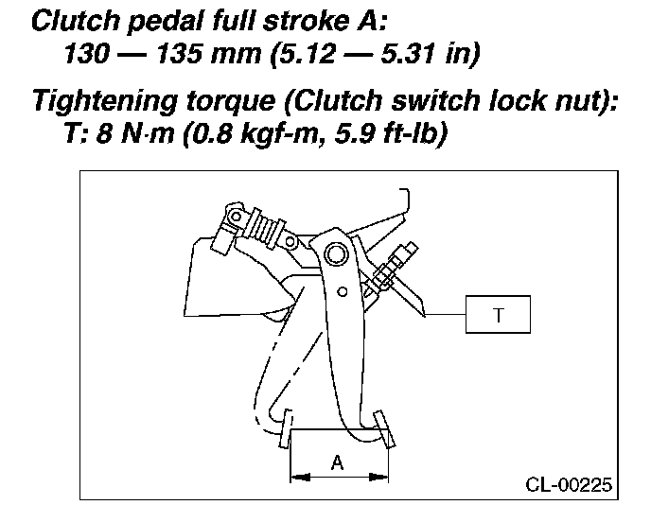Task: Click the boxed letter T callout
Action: point(498,315)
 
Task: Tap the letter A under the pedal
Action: point(337,462)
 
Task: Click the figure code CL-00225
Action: point(569,485)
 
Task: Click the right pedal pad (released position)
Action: point(382,427)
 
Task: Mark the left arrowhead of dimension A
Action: point(295,476)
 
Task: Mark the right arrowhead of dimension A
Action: point(383,476)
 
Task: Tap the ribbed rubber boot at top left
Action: point(253,224)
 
